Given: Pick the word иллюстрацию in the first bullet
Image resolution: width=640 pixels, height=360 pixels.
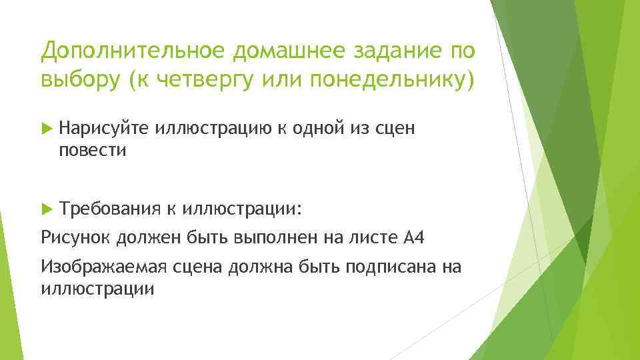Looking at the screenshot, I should coord(212,129).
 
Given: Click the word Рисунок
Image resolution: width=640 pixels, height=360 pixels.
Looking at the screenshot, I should coord(75,238).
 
